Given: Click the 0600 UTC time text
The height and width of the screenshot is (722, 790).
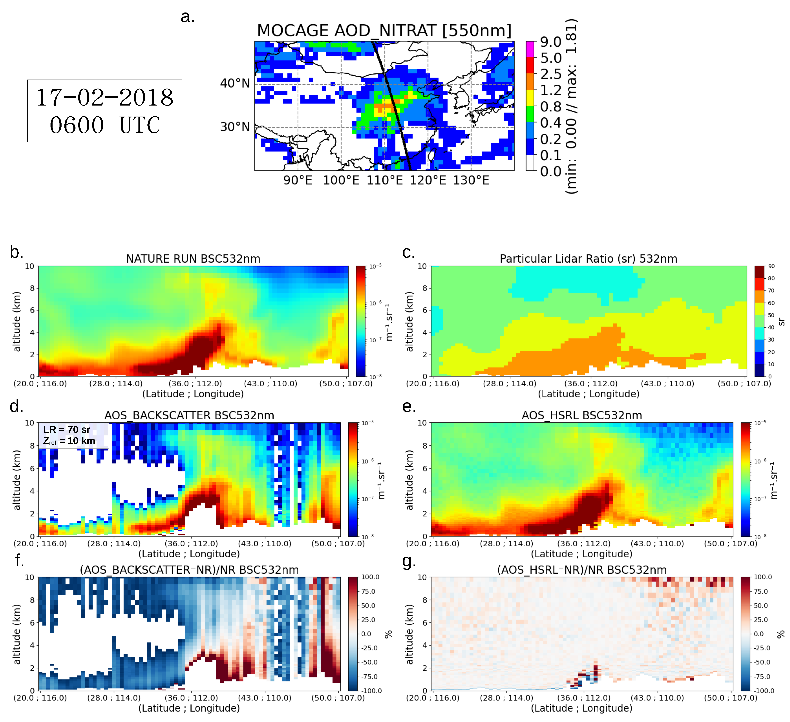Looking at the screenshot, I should [105, 125].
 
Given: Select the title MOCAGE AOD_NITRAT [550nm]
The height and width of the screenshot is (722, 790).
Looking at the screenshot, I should [384, 30].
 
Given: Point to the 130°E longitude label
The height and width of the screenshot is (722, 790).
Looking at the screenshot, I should [471, 180].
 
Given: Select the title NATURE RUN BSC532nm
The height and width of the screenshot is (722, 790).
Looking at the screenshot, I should [193, 259].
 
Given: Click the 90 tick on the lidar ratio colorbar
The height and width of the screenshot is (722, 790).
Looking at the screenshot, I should [771, 266].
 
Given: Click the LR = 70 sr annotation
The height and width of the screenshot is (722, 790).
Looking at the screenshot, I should [67, 430].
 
